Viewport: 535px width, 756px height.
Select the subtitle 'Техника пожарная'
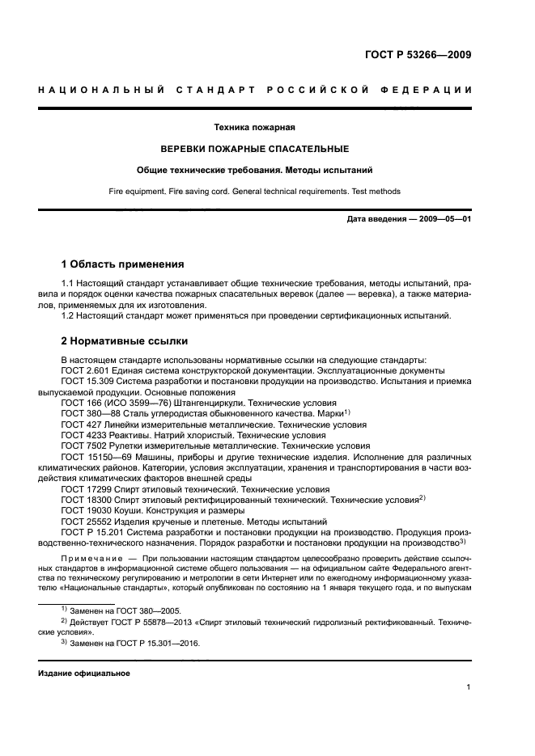(x=253, y=128)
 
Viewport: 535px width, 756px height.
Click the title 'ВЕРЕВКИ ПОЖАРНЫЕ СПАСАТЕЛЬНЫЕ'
(x=253, y=149)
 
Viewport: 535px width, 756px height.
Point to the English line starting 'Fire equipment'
(x=253, y=192)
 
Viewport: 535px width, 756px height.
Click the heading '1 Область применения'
(x=123, y=264)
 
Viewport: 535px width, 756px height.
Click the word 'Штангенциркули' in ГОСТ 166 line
(x=198, y=403)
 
